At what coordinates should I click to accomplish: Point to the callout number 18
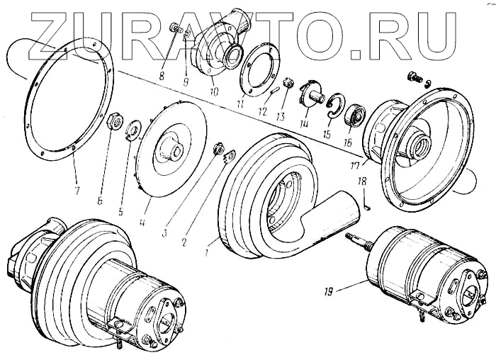coord(362,182)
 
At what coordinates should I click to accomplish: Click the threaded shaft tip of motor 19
coord(351,238)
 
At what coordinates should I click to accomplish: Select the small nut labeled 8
coord(173,28)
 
